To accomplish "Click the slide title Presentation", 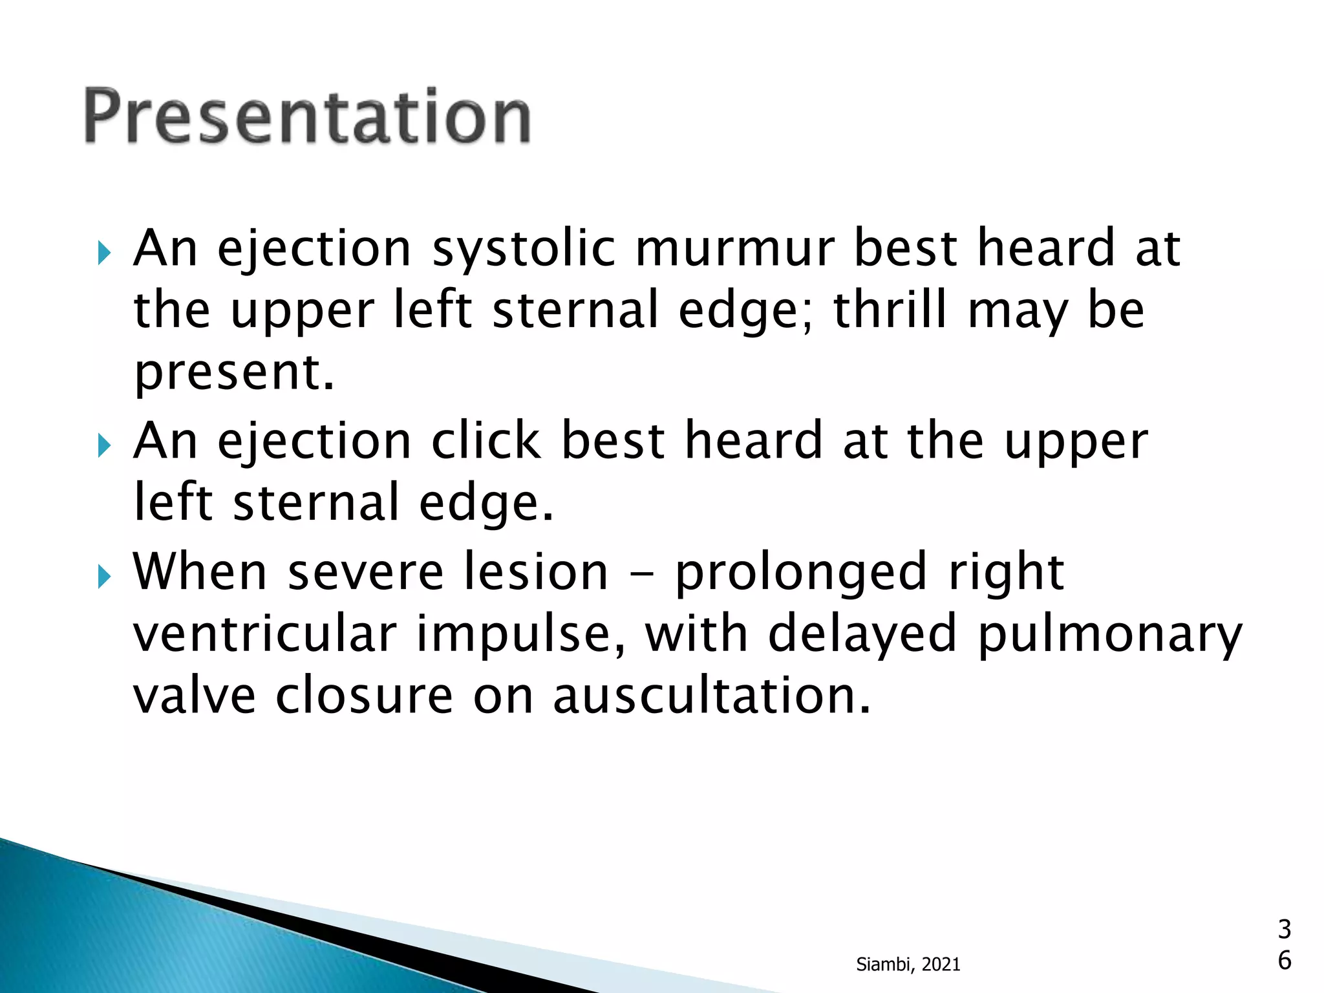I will point(308,116).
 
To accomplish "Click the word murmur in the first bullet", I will point(734,249).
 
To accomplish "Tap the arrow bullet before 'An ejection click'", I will point(104,445).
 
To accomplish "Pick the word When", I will point(200,572).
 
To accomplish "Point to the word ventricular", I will point(264,634).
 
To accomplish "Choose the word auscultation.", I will point(712,696).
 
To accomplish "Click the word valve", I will point(194,696).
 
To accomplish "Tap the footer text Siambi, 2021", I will point(908,965).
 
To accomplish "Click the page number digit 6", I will point(1284,961).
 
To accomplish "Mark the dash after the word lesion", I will point(641,575).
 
